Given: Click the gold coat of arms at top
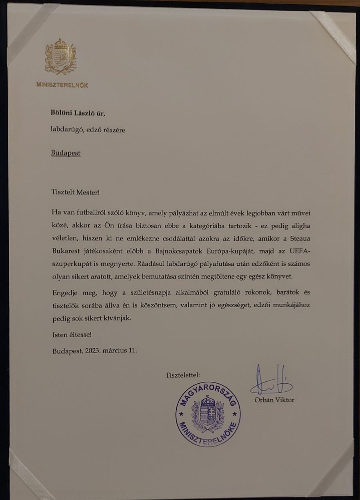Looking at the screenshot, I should (x=60, y=57).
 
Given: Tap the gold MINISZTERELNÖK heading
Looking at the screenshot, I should (x=62, y=85).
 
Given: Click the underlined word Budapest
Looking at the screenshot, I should (x=66, y=153).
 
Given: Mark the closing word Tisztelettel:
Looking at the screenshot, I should (x=183, y=375).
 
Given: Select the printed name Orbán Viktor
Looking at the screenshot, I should (x=274, y=400).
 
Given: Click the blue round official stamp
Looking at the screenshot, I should (x=208, y=416).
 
